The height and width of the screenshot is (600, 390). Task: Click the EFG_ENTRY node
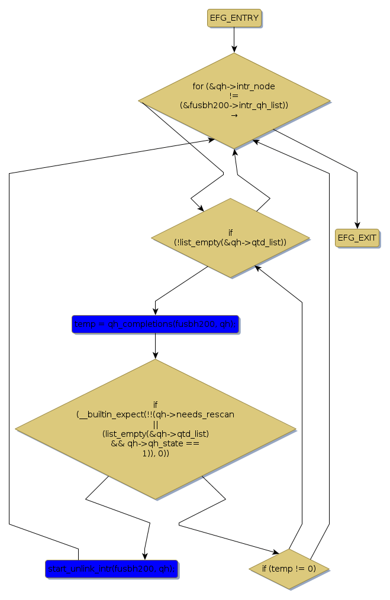[x=234, y=18]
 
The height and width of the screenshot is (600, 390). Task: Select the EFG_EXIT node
[x=357, y=238]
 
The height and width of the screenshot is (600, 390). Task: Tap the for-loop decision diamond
[x=234, y=100]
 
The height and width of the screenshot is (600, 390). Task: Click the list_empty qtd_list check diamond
[x=230, y=238]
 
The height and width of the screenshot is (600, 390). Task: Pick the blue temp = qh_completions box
[x=155, y=324]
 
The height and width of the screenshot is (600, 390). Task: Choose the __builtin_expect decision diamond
[x=155, y=429]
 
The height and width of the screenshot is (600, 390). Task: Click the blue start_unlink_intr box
[x=111, y=569]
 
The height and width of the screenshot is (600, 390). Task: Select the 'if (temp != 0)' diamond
[x=289, y=569]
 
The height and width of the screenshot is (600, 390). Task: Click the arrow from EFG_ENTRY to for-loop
[x=234, y=40]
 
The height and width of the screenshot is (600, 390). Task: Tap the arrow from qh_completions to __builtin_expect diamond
[x=155, y=346]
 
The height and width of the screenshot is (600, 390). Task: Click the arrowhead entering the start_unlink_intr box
[x=144, y=554]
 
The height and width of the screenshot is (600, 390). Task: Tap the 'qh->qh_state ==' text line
[x=155, y=443]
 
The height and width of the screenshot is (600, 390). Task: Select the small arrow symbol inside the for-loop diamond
[x=234, y=115]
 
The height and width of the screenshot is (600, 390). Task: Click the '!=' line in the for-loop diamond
[x=234, y=96]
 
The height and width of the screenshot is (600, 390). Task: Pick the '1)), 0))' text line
[x=155, y=453]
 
